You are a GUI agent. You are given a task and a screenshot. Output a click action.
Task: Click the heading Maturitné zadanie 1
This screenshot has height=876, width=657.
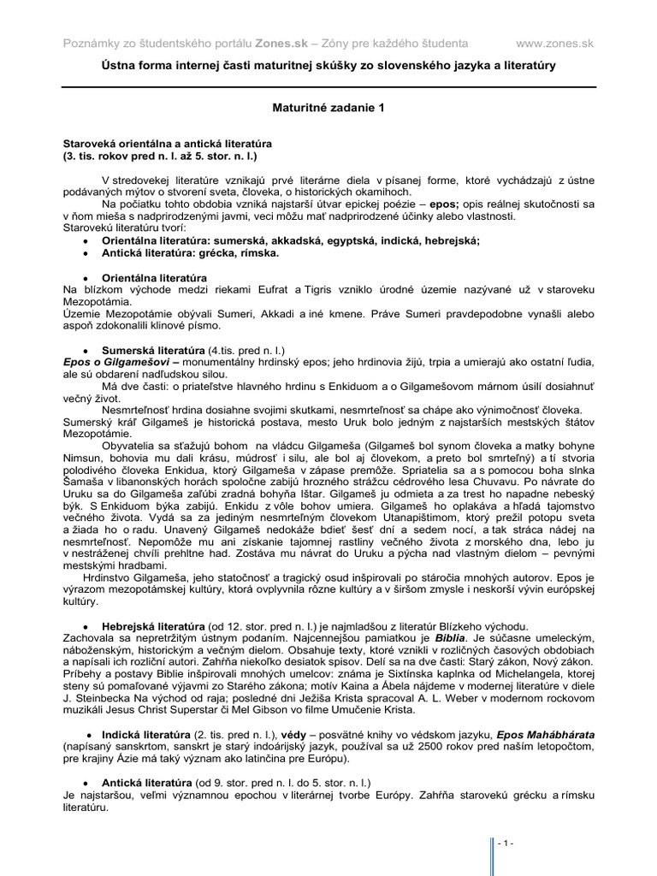(328, 109)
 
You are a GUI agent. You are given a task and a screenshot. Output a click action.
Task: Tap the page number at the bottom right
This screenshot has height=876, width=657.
(506, 843)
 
